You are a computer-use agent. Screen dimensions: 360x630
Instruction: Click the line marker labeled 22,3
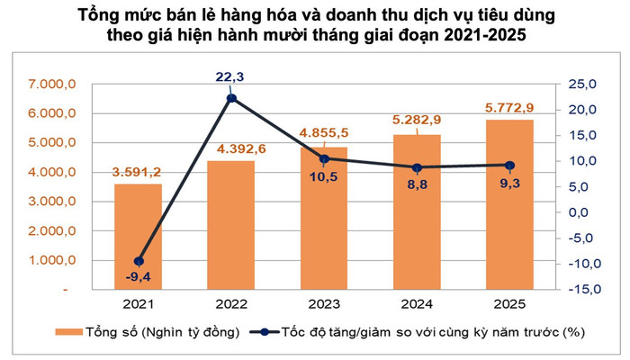pyautogui.click(x=231, y=98)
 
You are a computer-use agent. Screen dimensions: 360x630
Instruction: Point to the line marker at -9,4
pyautogui.click(x=139, y=261)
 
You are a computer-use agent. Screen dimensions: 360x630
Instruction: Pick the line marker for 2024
pyautogui.click(x=417, y=167)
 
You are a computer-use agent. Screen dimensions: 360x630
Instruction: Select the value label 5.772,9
pyautogui.click(x=510, y=106)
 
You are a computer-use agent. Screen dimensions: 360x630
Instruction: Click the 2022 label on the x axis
pyautogui.click(x=231, y=304)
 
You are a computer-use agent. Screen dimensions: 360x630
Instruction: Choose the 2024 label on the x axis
pyautogui.click(x=417, y=304)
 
